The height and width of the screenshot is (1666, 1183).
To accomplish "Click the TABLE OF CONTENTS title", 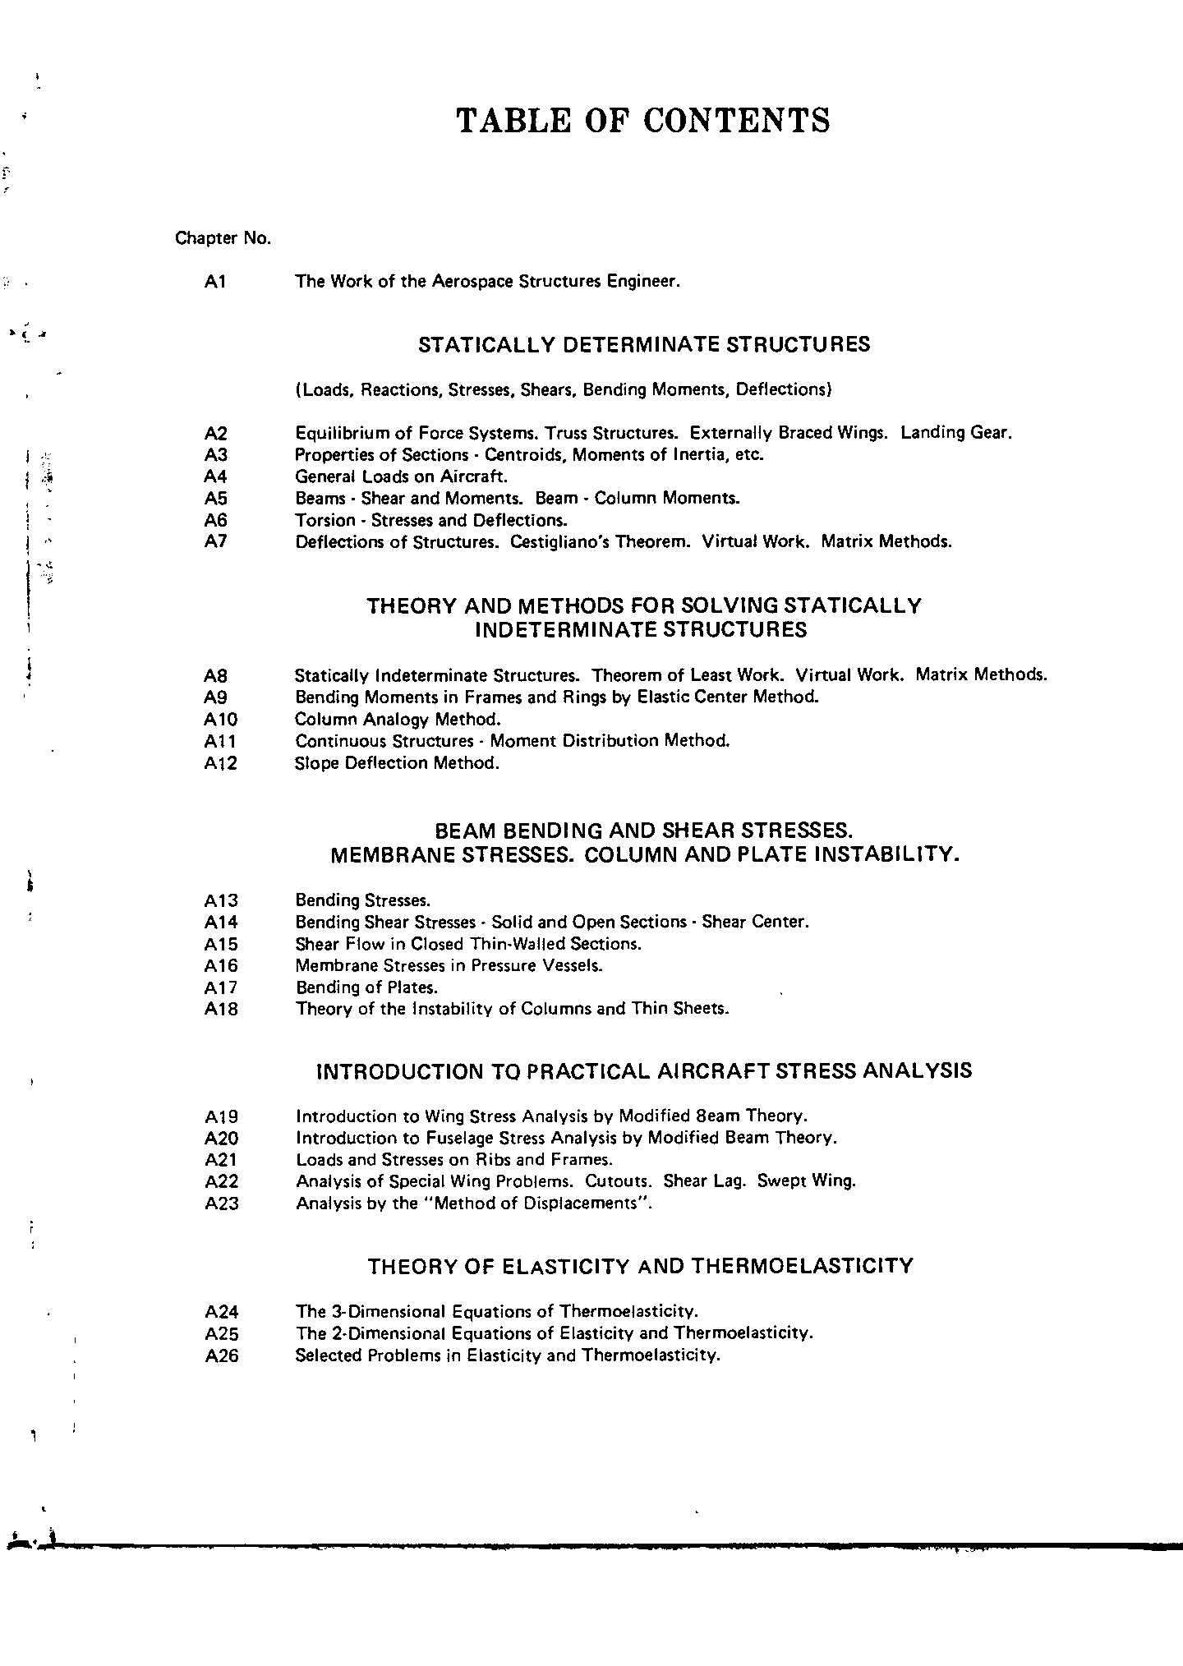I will click(x=642, y=120).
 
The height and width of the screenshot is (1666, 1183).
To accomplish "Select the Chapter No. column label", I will click(x=223, y=238).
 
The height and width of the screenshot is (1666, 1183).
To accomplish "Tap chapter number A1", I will click(x=215, y=282).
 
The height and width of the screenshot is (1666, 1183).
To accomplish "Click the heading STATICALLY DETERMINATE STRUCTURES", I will click(x=644, y=345).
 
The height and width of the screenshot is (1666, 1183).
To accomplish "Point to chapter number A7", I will click(x=215, y=542).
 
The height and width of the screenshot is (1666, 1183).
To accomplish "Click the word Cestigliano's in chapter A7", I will click(x=562, y=542).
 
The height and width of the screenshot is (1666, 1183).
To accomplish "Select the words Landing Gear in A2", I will click(x=955, y=433).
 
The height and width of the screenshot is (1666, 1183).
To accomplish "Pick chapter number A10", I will click(x=220, y=720).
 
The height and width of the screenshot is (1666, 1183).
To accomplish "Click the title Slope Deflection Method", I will click(x=397, y=763).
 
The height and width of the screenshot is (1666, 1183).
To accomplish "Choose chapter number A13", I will click(x=220, y=901).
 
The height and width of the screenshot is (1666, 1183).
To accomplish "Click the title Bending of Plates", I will click(x=366, y=987).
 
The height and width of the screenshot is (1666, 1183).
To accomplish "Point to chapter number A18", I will click(x=220, y=1010).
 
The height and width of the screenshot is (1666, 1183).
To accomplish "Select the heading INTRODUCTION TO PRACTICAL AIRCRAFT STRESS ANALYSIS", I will click(x=644, y=1071).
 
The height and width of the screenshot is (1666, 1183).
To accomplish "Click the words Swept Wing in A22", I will click(x=807, y=1181).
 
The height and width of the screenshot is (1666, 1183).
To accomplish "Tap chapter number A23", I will click(x=221, y=1204).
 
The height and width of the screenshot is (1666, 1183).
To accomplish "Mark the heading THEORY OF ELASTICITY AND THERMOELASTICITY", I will click(x=640, y=1266).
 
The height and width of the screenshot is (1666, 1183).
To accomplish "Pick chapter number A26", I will click(x=221, y=1355).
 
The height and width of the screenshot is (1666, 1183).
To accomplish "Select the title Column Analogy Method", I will click(x=398, y=720).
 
